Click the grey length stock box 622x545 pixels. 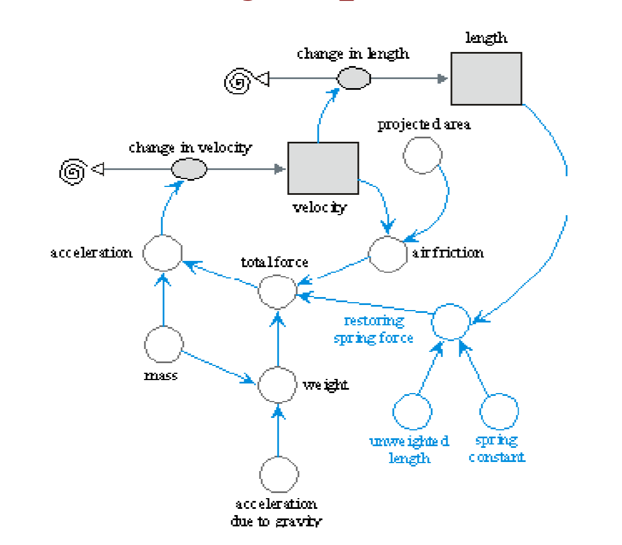pos(486,79)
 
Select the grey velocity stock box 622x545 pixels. pos(323,168)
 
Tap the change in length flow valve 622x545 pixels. pos(354,79)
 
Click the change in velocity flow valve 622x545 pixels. pos(189,168)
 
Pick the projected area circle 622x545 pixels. pos(422,155)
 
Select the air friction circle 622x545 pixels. pos(388,254)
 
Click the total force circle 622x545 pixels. pos(277,292)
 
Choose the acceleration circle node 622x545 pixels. pos(162,254)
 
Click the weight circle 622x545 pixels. pos(277,384)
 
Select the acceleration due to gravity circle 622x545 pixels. pos(279,474)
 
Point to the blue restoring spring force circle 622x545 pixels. pos(450,321)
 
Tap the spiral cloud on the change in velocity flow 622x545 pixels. pos(72,171)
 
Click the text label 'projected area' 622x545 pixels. pos(424,125)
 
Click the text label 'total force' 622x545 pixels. pos(274,262)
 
